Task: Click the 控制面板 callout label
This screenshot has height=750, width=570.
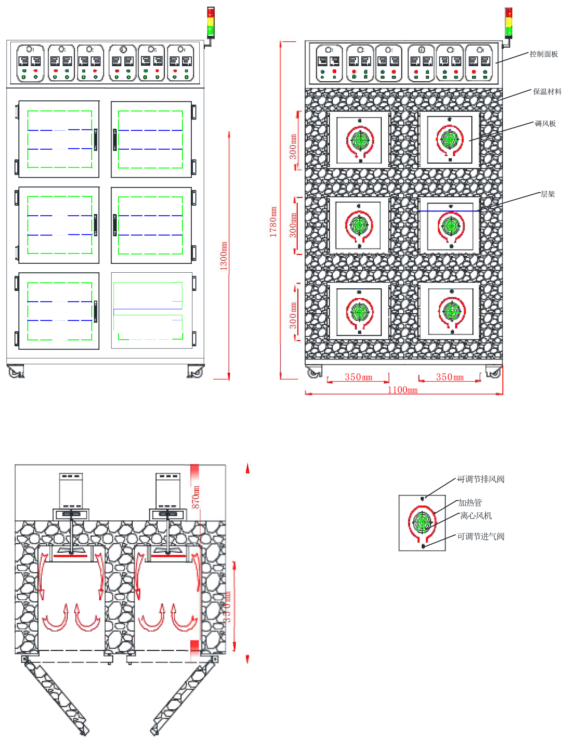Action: (543, 54)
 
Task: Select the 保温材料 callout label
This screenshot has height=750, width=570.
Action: (547, 92)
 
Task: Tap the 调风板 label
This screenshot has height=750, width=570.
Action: (545, 124)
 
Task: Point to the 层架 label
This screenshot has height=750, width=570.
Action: (547, 194)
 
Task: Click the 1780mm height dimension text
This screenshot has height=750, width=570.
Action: (273, 222)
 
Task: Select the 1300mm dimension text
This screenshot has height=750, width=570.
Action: (224, 256)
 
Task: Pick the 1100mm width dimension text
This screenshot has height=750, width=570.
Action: (402, 390)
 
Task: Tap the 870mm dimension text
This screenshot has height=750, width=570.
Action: (196, 497)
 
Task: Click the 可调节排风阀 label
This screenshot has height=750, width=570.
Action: (480, 479)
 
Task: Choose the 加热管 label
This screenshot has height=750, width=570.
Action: (470, 503)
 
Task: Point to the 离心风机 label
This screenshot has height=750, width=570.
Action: (476, 516)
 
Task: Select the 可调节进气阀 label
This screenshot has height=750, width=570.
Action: (480, 537)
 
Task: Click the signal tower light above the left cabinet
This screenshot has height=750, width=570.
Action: (211, 22)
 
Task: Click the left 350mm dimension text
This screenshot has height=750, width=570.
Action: (358, 377)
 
